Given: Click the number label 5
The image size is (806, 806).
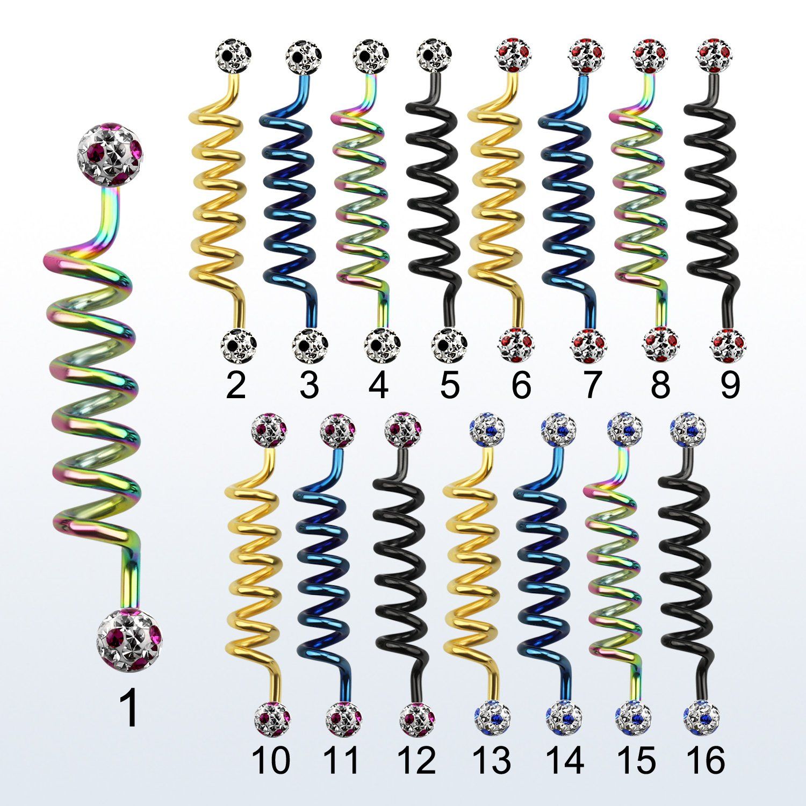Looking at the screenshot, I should [x=449, y=385].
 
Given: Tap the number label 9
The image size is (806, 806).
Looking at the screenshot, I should [x=730, y=385].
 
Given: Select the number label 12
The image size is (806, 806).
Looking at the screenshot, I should [x=416, y=760].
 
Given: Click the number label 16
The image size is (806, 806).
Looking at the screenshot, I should [x=706, y=760].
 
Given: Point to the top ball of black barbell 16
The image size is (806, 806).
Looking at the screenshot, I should [x=688, y=428].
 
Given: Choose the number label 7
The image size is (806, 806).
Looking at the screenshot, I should [x=590, y=385].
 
